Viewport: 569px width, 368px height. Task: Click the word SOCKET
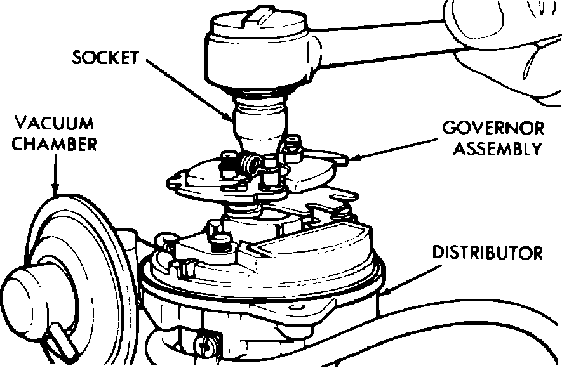click(x=105, y=58)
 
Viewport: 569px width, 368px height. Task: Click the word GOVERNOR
click(x=493, y=129)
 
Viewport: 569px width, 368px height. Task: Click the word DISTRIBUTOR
click(x=487, y=253)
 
